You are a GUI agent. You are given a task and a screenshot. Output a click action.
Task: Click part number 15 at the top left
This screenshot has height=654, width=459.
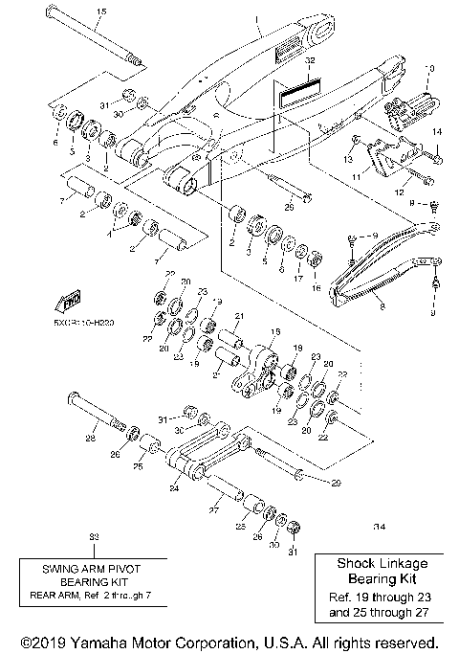102,11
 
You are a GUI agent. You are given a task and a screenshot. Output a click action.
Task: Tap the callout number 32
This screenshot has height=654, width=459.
309,60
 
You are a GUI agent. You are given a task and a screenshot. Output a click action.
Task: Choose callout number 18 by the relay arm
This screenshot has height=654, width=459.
273,331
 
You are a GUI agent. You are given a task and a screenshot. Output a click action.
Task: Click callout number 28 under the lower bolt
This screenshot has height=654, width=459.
91,439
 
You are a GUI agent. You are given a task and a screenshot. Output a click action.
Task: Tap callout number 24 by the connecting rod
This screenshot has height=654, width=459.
174,487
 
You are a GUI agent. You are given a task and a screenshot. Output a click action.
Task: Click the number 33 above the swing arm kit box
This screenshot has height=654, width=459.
93,538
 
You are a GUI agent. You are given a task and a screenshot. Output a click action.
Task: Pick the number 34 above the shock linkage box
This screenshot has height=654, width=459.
380,526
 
